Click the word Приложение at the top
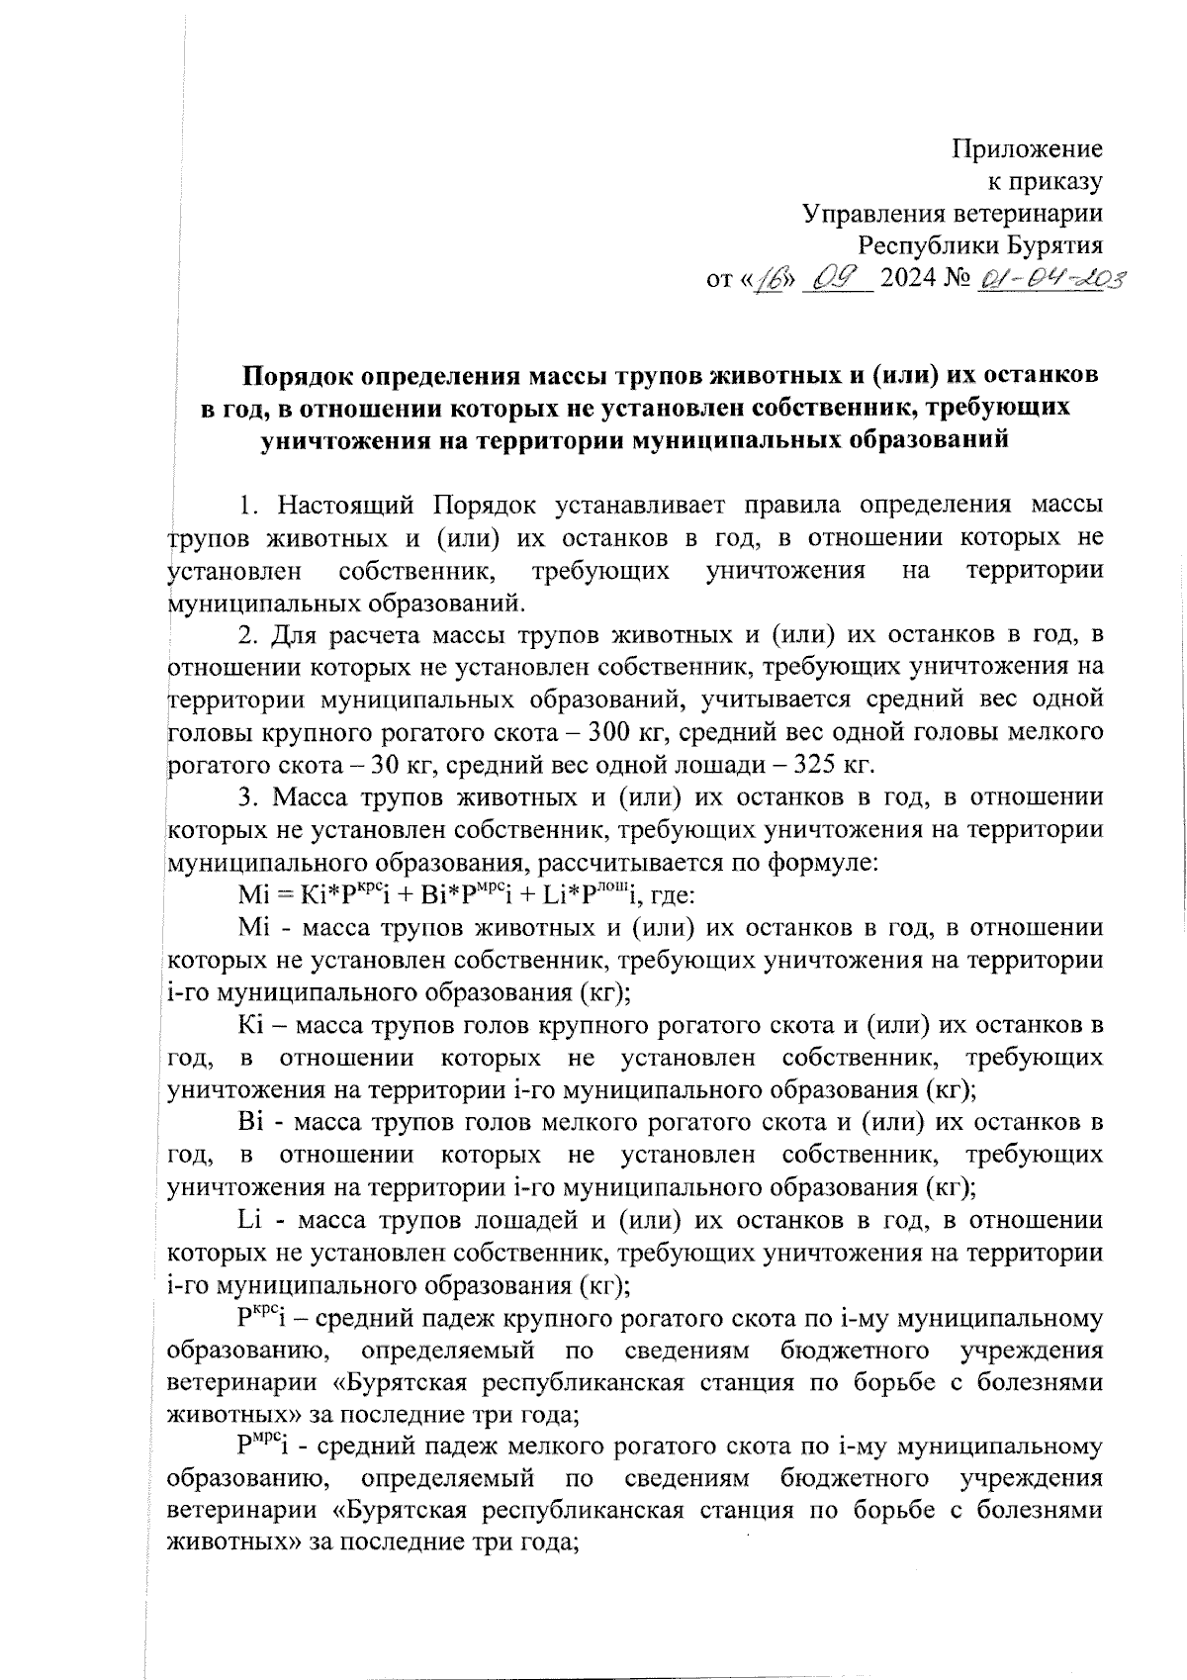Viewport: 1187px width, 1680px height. point(1027,150)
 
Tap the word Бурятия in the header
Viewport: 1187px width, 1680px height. point(1050,246)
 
